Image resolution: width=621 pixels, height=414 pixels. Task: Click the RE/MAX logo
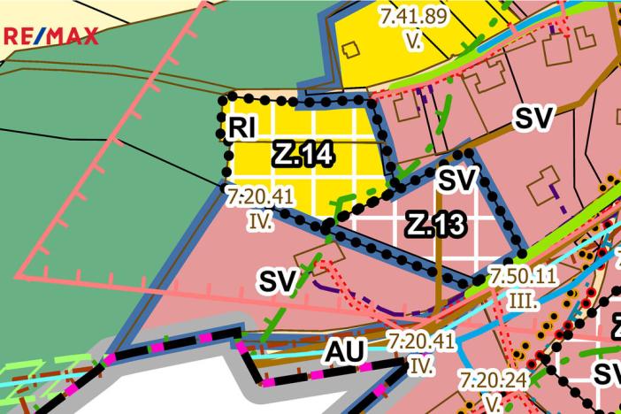click(x=50, y=37)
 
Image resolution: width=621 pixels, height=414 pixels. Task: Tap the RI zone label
click(x=241, y=128)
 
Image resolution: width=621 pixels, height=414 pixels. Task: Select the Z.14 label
click(x=303, y=154)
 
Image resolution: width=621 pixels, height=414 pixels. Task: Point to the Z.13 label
click(x=435, y=225)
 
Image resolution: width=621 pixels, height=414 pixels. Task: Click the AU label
click(x=344, y=351)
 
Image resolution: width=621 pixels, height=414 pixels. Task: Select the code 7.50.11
click(x=523, y=275)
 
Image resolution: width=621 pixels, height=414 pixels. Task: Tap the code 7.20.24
click(x=494, y=380)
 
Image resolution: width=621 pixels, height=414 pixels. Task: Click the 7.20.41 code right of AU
click(x=421, y=340)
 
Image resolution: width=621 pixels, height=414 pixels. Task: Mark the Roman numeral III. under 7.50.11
click(x=523, y=300)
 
